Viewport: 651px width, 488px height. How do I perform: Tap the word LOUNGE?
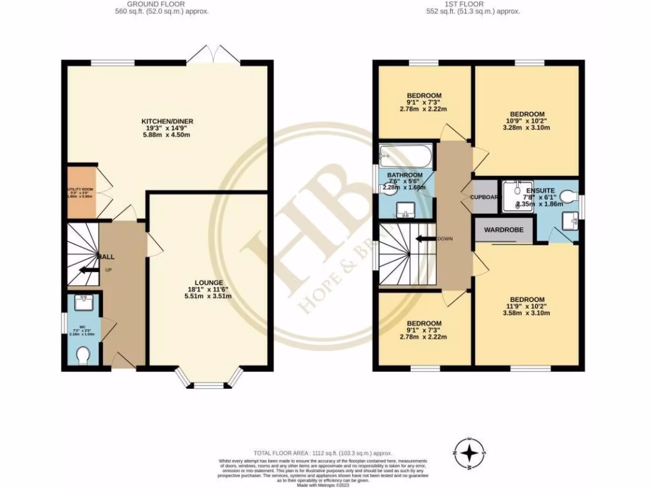tap(209, 282)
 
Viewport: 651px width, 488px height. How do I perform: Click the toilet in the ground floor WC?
tap(82, 356)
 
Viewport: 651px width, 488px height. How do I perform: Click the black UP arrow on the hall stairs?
tap(85, 269)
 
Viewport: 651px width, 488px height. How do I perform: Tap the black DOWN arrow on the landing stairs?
tap(421, 239)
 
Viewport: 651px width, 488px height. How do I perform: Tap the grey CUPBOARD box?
tap(484, 196)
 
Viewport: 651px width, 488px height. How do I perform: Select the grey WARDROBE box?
tap(504, 229)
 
